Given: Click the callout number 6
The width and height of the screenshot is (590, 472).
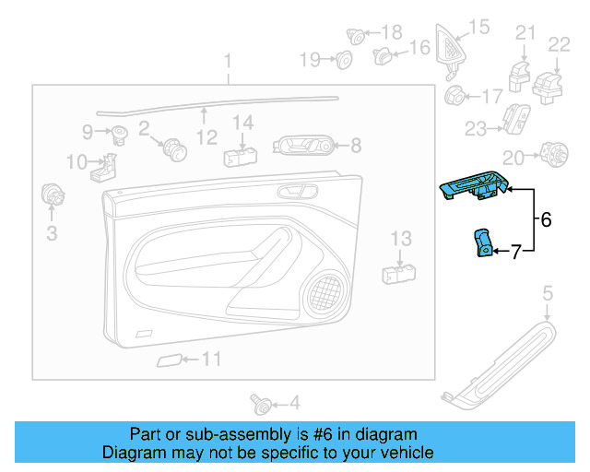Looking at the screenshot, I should coord(545,220).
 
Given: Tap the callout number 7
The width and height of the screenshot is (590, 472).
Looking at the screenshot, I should coord(516,250).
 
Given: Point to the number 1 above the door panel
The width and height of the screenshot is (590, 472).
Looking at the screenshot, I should coord(228,63).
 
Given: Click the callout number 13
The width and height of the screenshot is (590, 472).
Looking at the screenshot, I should coord(400,239).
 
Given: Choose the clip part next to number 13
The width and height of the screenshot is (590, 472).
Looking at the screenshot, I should coord(398,272).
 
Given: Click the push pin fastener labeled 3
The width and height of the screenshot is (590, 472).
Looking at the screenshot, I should coord(52,195).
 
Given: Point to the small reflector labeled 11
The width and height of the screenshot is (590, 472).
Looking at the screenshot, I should coord(168,360).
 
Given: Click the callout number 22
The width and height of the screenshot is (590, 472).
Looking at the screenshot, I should coord(560,43).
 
